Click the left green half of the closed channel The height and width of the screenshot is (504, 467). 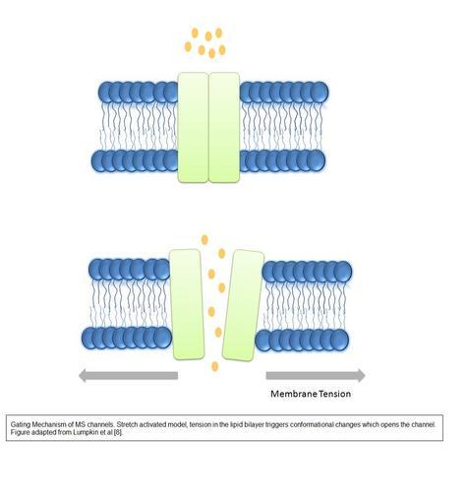193,127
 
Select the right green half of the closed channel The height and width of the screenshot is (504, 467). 224,127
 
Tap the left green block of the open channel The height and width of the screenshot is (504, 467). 186,304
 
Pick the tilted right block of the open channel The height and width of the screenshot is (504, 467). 243,305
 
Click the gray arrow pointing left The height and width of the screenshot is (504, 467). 128,375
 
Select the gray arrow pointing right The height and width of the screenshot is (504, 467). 316,375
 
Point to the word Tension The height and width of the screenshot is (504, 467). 335,394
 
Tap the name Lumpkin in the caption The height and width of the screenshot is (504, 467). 85,432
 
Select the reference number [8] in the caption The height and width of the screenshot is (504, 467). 118,432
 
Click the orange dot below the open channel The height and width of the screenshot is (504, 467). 215,366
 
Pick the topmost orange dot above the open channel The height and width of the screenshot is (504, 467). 204,240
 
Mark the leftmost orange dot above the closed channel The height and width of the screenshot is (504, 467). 188,46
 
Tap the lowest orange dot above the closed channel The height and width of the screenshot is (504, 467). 211,53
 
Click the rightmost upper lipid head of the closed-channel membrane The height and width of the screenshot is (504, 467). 320,93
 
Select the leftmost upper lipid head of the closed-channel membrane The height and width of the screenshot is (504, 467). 106,93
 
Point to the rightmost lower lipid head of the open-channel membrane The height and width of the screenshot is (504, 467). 340,341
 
